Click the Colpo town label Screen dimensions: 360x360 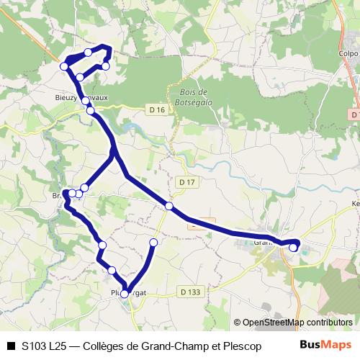(348, 53)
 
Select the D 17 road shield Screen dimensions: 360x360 (186, 182)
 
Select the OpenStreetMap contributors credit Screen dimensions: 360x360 (297, 323)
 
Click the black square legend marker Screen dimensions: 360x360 (11, 346)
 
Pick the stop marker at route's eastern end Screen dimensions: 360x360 (293, 248)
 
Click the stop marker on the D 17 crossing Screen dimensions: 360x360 (169, 206)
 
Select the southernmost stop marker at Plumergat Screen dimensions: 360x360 (125, 294)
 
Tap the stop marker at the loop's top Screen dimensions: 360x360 (88, 52)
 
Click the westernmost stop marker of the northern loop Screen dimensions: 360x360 (63, 66)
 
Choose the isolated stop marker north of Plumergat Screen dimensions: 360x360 (153, 242)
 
